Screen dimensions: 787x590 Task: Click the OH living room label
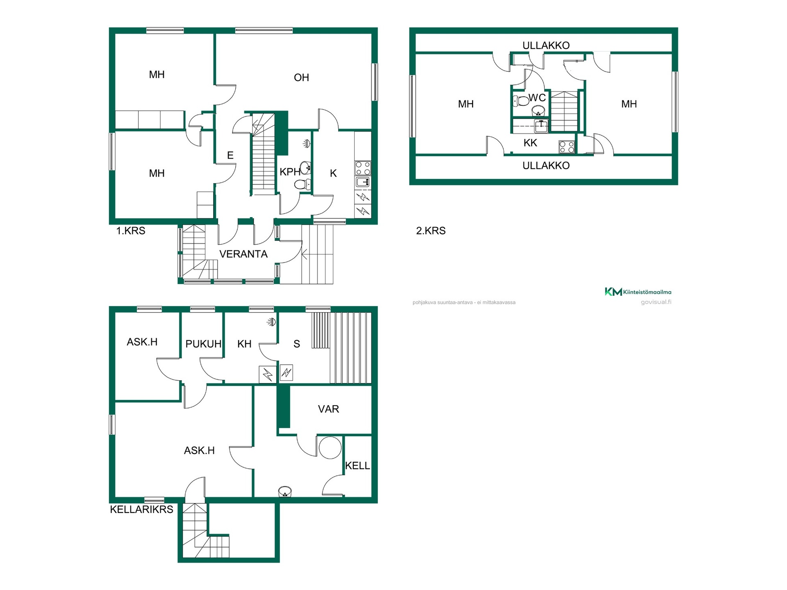pyautogui.click(x=301, y=77)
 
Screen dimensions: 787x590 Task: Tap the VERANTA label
pyautogui.click(x=243, y=254)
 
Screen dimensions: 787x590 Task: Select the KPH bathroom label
pyautogui.click(x=290, y=172)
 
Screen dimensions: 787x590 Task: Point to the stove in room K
pyautogui.click(x=363, y=168)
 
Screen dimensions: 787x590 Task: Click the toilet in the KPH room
pyautogui.click(x=303, y=185)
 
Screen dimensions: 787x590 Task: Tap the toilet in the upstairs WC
pyautogui.click(x=521, y=100)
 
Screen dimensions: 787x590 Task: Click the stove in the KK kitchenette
pyautogui.click(x=567, y=147)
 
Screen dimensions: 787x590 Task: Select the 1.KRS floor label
pyautogui.click(x=131, y=231)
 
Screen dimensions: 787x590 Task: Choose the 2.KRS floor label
pyautogui.click(x=431, y=231)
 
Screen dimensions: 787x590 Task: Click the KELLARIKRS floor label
pyautogui.click(x=141, y=509)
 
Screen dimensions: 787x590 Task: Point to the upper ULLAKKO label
pyautogui.click(x=546, y=45)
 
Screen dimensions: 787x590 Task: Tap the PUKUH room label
pyautogui.click(x=203, y=344)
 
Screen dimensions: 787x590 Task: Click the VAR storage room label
pyautogui.click(x=328, y=409)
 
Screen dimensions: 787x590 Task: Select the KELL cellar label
pyautogui.click(x=357, y=465)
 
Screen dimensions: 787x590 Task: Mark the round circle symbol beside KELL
pyautogui.click(x=330, y=447)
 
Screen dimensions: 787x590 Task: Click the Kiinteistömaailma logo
pyautogui.click(x=638, y=292)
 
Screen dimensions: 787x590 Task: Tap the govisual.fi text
pyautogui.click(x=656, y=302)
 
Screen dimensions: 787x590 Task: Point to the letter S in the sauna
pyautogui.click(x=297, y=344)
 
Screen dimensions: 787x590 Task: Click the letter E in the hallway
pyautogui.click(x=230, y=155)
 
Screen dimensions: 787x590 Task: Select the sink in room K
pyautogui.click(x=363, y=182)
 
